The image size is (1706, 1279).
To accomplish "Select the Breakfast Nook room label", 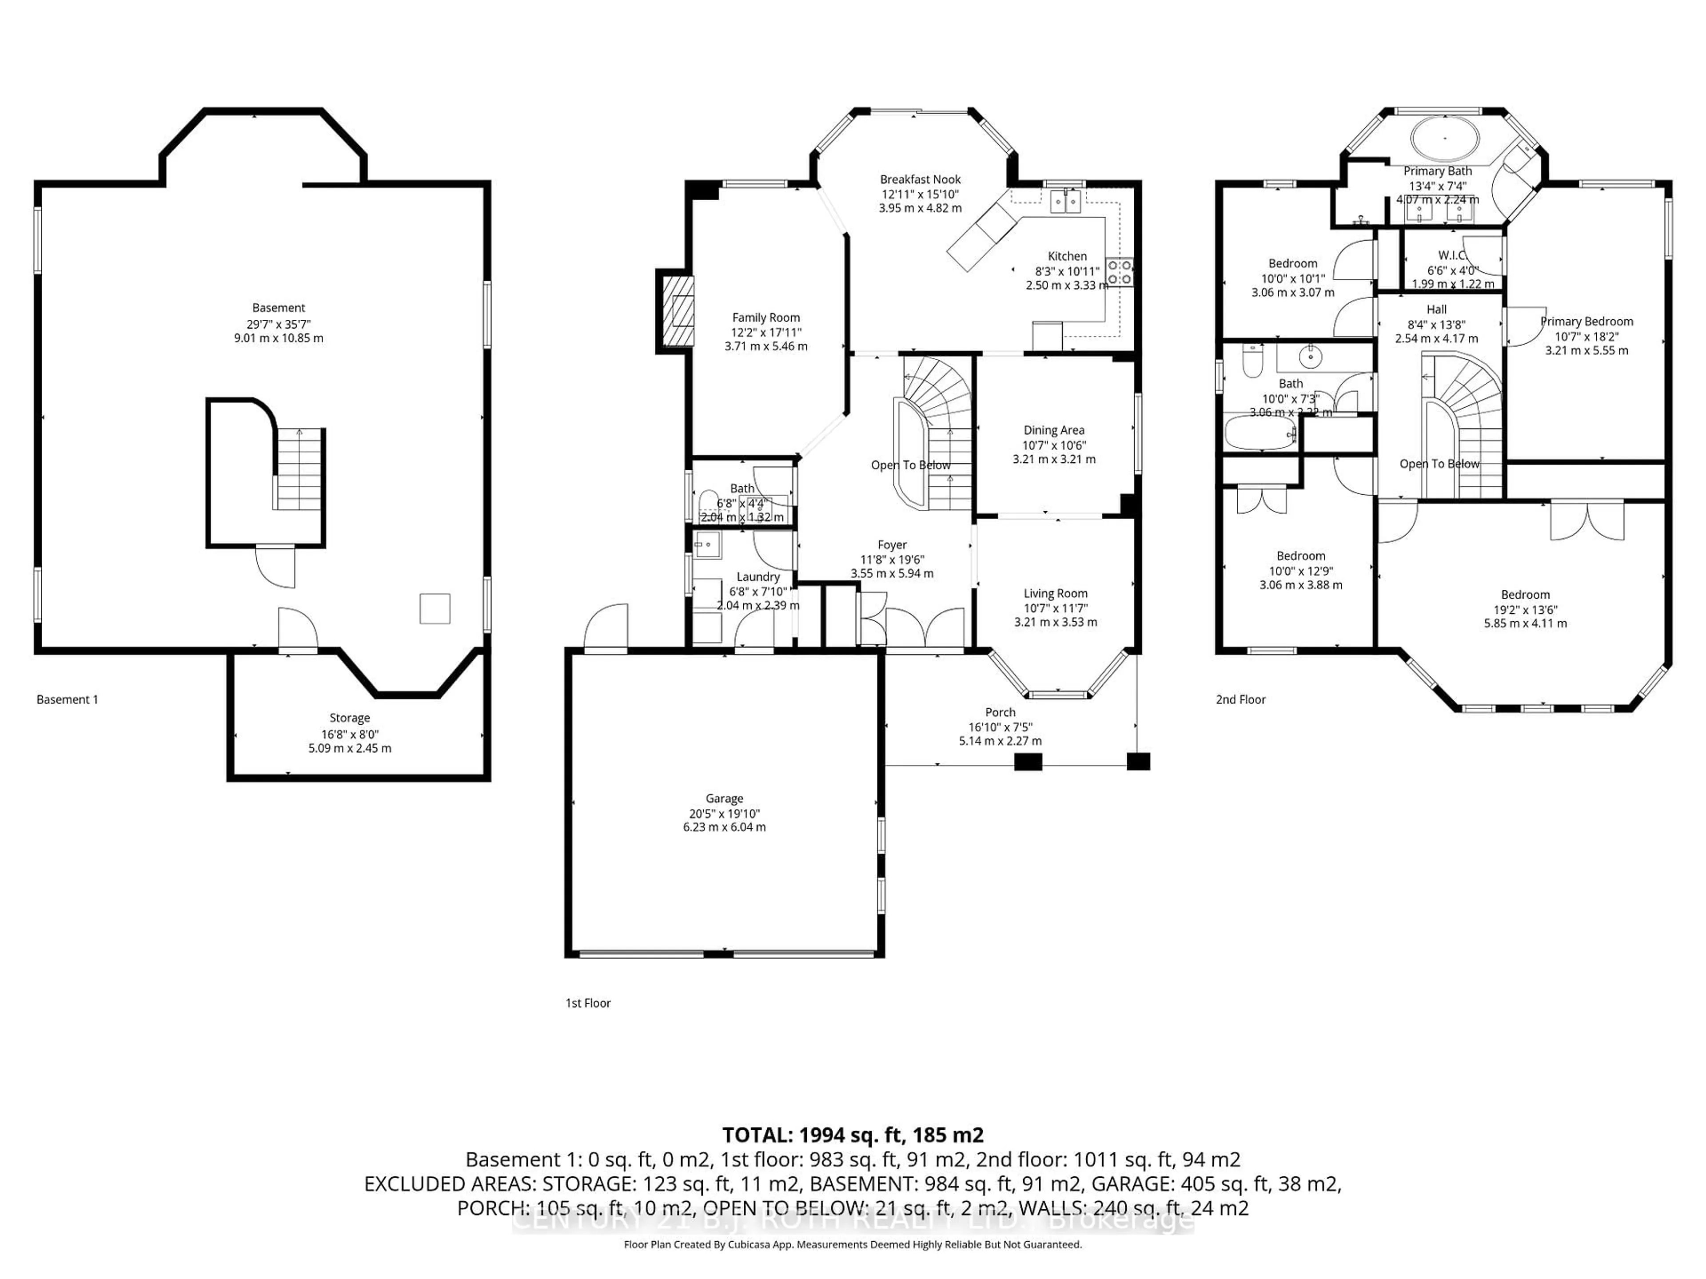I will (x=920, y=179).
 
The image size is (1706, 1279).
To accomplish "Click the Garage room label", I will (x=724, y=798).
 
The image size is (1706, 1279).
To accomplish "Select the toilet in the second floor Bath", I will (x=1252, y=360).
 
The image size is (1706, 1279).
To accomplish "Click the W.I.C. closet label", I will (x=1452, y=255).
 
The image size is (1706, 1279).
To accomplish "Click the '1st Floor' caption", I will (x=588, y=1003).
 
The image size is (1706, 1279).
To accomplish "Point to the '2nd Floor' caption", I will (x=1240, y=699).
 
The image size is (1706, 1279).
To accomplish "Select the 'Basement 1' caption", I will (x=67, y=699).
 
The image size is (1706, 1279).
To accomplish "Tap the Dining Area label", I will (x=1053, y=430).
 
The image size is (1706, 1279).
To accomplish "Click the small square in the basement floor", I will (x=434, y=608).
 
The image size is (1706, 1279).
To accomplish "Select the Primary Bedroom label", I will (x=1586, y=322).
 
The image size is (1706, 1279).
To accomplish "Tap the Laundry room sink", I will (x=706, y=545).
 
